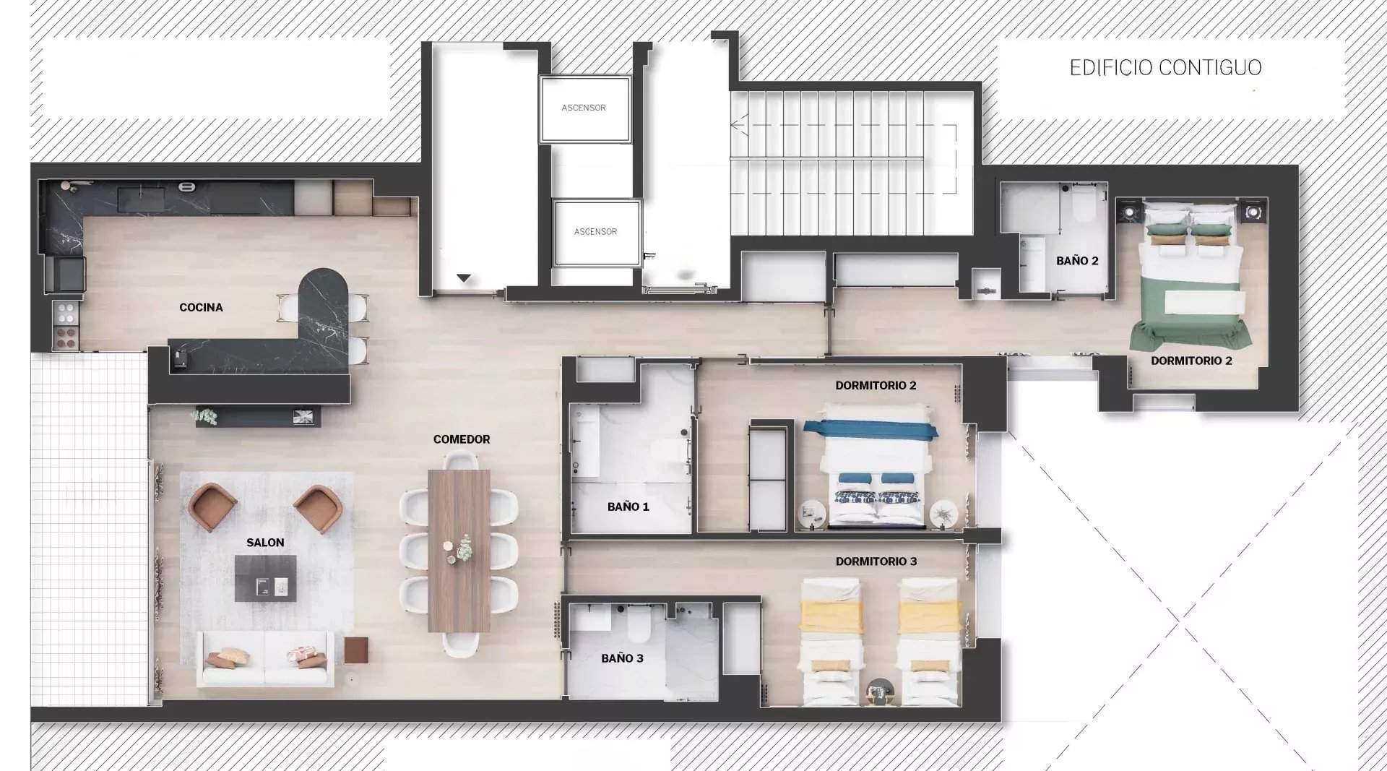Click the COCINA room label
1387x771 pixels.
[201, 307]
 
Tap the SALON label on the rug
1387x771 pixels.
[265, 543]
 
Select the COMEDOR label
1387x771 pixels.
[462, 439]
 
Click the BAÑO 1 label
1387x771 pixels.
[628, 507]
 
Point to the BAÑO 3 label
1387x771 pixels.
[622, 658]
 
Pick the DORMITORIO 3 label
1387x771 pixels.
[876, 561]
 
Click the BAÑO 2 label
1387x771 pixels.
[1076, 261]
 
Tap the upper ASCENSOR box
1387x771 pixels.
[584, 109]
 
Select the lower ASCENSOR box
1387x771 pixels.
[596, 233]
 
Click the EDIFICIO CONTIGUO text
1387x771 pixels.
[1165, 68]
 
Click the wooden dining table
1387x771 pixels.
[459, 551]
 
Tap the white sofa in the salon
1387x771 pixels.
[265, 659]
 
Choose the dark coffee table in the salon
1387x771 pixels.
[265, 578]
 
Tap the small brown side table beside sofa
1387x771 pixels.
[356, 650]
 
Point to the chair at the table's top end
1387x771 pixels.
[459, 460]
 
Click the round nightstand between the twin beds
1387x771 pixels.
[880, 693]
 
